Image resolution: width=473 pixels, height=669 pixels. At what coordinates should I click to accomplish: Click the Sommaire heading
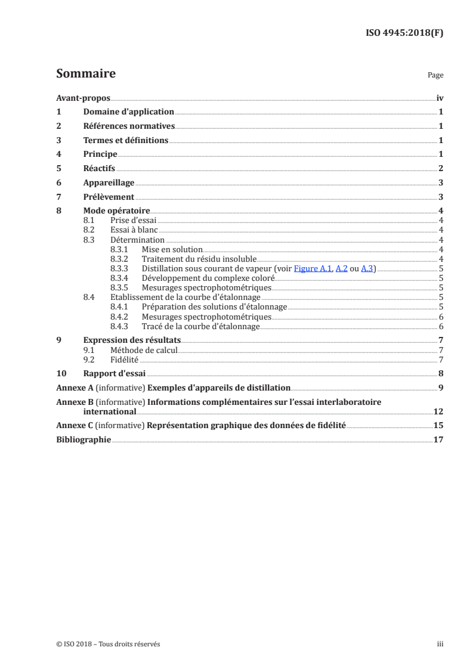pyautogui.click(x=85, y=74)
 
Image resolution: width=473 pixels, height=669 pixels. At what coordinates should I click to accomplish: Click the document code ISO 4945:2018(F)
pyautogui.click(x=404, y=33)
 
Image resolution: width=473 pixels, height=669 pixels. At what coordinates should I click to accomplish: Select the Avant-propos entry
pyautogui.click(x=83, y=97)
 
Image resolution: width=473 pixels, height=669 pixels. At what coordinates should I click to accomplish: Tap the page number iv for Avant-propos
pyautogui.click(x=440, y=97)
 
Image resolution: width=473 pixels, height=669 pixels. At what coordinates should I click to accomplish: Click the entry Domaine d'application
pyautogui.click(x=128, y=112)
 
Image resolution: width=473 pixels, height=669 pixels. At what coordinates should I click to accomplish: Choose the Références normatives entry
pyautogui.click(x=129, y=126)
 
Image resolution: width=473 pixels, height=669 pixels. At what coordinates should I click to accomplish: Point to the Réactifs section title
pyautogui.click(x=99, y=168)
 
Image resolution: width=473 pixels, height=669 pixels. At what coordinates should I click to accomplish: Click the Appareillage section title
pyautogui.click(x=109, y=182)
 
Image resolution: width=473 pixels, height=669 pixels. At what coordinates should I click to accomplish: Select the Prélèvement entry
pyautogui.click(x=109, y=197)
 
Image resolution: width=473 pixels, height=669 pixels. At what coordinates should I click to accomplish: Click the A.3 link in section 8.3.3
pyautogui.click(x=367, y=268)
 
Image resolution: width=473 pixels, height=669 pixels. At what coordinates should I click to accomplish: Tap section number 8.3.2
pyautogui.click(x=120, y=259)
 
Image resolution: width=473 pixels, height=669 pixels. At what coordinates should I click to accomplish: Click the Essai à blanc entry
pyautogui.click(x=134, y=230)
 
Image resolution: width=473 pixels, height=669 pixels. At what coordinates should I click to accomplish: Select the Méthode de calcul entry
pyautogui.click(x=144, y=349)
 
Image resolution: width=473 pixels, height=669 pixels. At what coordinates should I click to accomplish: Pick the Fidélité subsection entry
pyautogui.click(x=125, y=359)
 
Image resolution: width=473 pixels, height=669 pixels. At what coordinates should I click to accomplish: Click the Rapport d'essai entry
pyautogui.click(x=115, y=373)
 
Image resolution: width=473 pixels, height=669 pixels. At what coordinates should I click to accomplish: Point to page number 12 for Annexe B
pyautogui.click(x=438, y=411)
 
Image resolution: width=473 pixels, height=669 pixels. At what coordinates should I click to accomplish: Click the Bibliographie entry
pyautogui.click(x=84, y=439)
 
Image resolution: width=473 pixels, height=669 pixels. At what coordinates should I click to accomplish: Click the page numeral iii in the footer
pyautogui.click(x=440, y=644)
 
